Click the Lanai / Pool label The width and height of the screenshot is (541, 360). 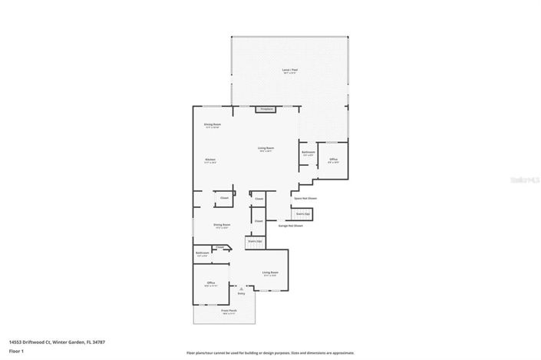[x=289, y=69]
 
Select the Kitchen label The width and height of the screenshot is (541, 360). [x=210, y=160]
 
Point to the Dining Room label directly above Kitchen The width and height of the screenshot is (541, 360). [x=212, y=124]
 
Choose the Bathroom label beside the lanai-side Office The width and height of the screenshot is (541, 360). [x=308, y=152]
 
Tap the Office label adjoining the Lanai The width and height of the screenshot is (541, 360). [x=333, y=160]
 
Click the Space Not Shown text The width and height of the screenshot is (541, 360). [x=305, y=198]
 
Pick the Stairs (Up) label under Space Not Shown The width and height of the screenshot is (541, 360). [x=303, y=213]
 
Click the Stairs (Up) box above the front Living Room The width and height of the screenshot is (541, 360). [x=254, y=242]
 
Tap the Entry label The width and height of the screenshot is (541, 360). [x=241, y=293]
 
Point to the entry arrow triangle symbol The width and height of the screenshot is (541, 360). [x=240, y=288]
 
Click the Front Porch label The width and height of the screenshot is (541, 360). [x=229, y=312]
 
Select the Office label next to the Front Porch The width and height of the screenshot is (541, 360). [x=210, y=282]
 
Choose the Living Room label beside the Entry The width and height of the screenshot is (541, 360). [x=269, y=272]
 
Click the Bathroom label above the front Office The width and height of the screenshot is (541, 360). [x=203, y=253]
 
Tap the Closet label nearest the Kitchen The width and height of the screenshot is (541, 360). [x=225, y=198]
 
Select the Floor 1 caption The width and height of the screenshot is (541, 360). [x=16, y=351]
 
